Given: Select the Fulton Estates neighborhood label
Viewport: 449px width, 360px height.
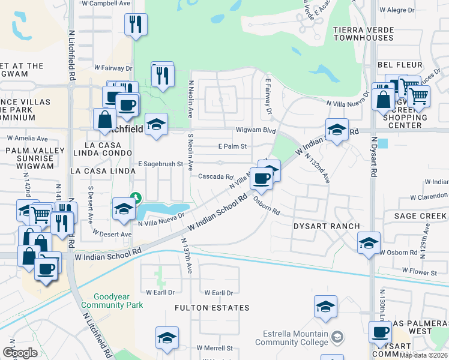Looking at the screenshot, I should pos(212,308).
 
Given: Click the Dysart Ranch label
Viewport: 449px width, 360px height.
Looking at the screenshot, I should pos(326,226).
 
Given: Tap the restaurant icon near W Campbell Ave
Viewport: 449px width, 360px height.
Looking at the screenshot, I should pos(136,25).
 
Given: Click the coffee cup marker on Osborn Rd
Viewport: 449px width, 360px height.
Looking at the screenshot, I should pos(261,178).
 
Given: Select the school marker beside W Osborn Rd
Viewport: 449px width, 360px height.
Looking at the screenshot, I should pos(369,243).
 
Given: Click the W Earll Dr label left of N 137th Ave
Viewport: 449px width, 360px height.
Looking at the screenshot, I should pos(160,292).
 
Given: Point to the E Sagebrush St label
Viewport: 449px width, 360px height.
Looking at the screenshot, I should pos(160,164).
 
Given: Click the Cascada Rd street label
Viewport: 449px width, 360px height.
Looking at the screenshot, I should pos(215,177).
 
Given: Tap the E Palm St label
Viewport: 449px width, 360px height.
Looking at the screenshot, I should pos(232,146).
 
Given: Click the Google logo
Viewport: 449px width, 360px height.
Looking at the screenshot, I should pos(20,352).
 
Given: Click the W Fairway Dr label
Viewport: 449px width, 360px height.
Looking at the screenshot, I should pos(113,69).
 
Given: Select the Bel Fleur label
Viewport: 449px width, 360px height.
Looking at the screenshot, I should pos(397,64).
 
